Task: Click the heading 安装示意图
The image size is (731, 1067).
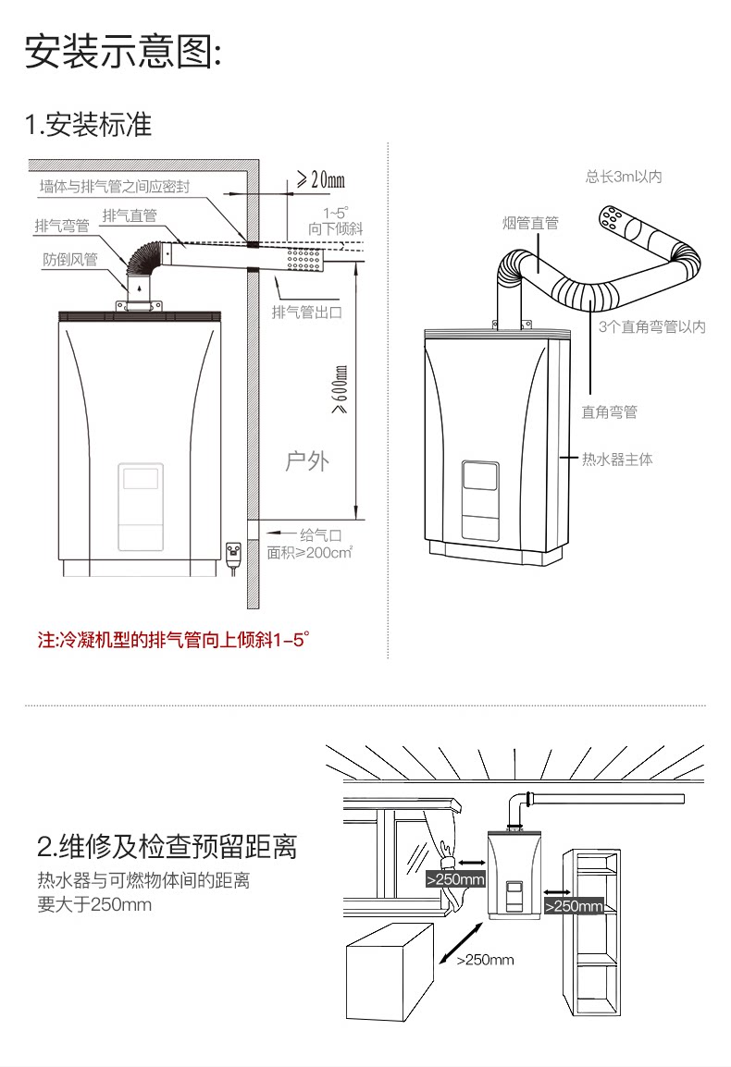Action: (x=122, y=52)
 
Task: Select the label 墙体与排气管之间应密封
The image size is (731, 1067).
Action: (x=115, y=187)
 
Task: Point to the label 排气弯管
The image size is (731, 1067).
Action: (x=61, y=226)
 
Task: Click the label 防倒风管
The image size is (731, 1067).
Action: (x=69, y=259)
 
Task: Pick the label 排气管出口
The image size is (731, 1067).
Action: (x=306, y=312)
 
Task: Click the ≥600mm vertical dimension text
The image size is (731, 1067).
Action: (x=340, y=388)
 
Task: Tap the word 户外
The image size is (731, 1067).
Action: (x=306, y=460)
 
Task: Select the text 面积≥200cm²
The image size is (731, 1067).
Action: (x=310, y=553)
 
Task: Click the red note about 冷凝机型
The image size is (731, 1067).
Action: (x=172, y=639)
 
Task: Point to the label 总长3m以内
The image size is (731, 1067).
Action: (x=624, y=177)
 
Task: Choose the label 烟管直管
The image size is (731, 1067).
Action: (x=531, y=223)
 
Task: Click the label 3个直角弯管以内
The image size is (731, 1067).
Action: (x=651, y=326)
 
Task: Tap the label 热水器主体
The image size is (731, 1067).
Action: (x=616, y=459)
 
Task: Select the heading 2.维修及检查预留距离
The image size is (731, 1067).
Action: (x=167, y=846)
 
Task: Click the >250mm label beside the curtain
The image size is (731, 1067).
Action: (x=455, y=879)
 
